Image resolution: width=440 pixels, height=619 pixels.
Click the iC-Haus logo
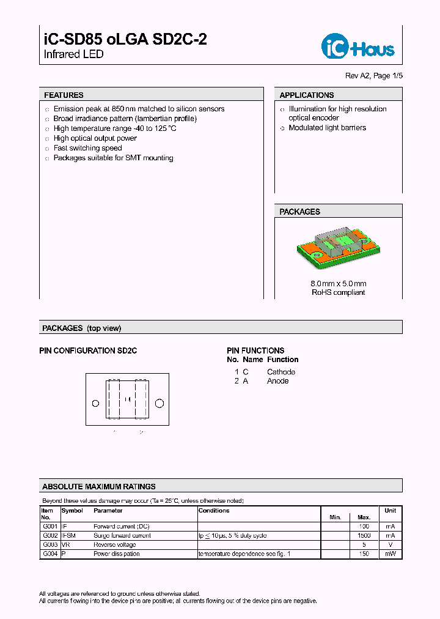tap(358, 46)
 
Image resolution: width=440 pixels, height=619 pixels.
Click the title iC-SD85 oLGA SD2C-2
tap(125, 40)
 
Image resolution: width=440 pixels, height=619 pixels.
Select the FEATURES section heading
tap(64, 95)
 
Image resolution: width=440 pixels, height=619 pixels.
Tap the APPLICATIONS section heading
tap(307, 95)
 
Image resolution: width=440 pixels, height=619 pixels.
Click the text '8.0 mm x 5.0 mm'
tap(338, 284)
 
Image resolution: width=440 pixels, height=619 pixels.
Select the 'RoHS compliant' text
tap(338, 292)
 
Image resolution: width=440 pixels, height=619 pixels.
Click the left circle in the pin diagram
tap(95, 403)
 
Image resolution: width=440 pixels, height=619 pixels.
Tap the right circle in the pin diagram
tap(159, 403)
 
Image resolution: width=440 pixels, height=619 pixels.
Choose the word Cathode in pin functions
tap(281, 372)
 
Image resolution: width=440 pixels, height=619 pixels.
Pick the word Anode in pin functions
tap(278, 381)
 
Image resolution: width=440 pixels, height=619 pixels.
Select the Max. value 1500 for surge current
tap(364, 535)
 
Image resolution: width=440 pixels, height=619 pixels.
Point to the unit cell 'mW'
tap(390, 554)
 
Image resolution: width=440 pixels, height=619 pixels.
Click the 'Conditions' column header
tap(214, 511)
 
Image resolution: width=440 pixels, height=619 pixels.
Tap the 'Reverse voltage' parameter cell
tap(114, 544)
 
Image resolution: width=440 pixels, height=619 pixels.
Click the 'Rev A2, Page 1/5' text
tap(374, 76)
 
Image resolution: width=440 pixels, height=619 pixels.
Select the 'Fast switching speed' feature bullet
tap(87, 148)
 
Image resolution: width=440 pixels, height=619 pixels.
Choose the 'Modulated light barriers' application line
tap(327, 128)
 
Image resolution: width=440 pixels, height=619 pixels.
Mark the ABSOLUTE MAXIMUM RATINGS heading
tap(99, 487)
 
